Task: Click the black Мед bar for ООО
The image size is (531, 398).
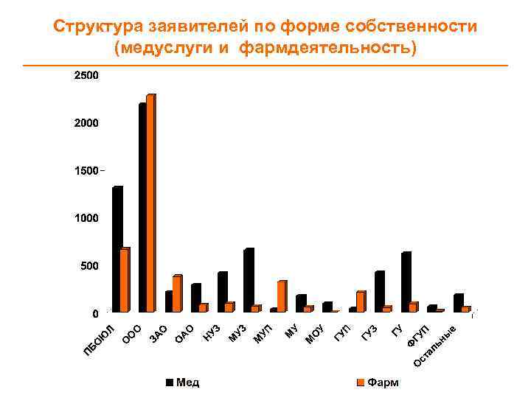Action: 142,206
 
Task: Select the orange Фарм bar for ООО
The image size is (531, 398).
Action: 150,203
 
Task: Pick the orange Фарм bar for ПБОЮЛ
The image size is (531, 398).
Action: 125,279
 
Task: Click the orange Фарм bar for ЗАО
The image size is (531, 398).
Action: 177,293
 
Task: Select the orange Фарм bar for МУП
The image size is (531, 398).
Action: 281,296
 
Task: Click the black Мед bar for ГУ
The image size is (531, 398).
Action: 406,282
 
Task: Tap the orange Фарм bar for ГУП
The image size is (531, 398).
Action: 360,301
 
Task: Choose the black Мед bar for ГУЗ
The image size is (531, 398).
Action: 379,291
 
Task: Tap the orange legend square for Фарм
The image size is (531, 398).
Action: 360,383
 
